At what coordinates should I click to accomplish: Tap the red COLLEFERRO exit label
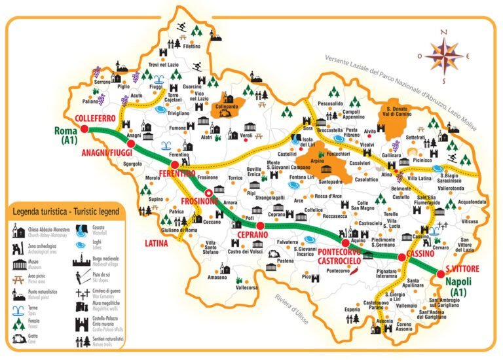point(96,118)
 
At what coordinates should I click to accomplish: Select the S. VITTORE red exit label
point(462,268)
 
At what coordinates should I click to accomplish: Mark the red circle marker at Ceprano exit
point(260,226)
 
